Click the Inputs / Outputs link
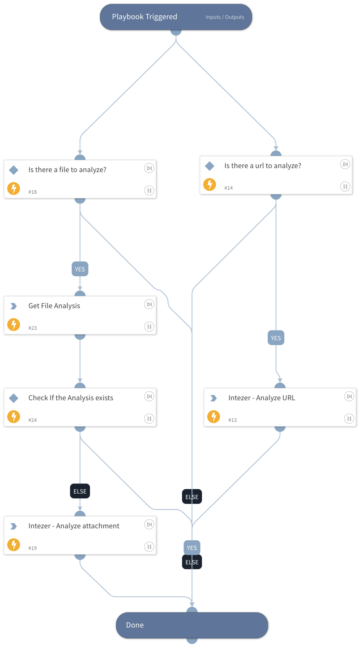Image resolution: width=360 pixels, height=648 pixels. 225,17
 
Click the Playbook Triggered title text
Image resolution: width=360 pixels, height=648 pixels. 144,17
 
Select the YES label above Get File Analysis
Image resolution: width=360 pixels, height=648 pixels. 80,269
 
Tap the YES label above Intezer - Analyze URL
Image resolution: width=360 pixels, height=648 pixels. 276,338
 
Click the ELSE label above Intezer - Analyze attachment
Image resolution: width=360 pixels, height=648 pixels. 80,492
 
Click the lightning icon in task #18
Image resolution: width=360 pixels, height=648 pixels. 14,188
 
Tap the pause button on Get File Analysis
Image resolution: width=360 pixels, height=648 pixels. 149,327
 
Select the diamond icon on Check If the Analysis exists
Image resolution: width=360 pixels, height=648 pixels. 14,398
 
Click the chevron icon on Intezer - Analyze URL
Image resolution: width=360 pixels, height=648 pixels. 214,398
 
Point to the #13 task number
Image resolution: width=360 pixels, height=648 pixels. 232,420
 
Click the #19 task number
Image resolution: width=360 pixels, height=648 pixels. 32,548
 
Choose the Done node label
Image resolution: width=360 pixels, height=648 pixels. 135,625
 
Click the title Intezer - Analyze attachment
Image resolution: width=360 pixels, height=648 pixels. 74,526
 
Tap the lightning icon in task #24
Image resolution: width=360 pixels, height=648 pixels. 14,417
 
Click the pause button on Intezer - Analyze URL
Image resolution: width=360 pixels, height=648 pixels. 349,419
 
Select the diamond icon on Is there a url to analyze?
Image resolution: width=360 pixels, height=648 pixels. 210,166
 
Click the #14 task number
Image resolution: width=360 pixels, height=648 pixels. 228,188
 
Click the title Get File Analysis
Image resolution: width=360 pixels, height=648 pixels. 54,306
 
